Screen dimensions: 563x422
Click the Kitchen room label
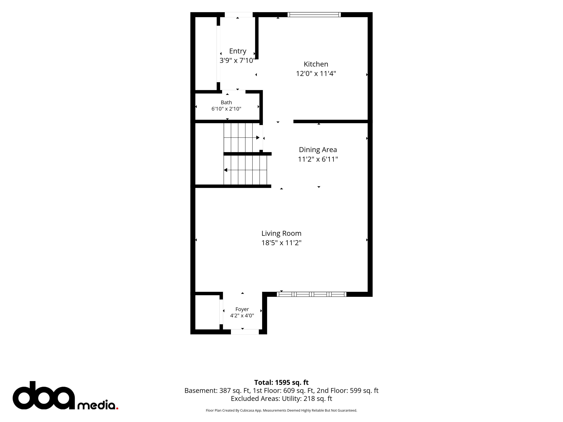coord(316,64)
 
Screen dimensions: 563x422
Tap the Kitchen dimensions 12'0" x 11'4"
coord(316,74)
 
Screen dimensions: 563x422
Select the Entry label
coord(238,51)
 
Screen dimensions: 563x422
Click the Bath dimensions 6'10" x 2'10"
coord(226,109)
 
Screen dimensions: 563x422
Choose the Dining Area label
coord(318,150)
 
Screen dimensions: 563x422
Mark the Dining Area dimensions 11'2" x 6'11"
coord(318,159)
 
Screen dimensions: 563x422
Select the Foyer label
coord(242,309)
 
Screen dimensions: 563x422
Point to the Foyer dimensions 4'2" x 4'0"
coord(242,316)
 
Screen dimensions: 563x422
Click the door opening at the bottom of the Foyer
coord(245,332)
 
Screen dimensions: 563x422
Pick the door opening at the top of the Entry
coord(239,15)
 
